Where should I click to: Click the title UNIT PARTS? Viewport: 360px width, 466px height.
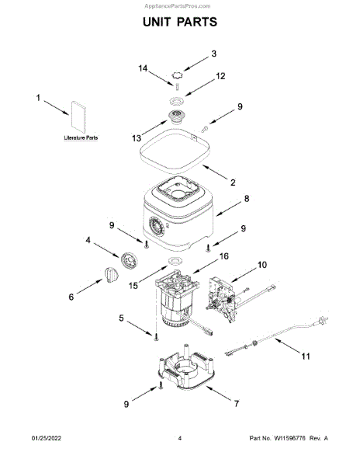pyautogui.click(x=180, y=22)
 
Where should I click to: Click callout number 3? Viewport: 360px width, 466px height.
pyautogui.click(x=214, y=54)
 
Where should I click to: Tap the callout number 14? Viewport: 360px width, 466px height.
pyautogui.click(x=143, y=68)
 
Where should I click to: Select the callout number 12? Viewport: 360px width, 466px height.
pyautogui.click(x=220, y=76)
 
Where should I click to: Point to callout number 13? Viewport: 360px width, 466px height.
pyautogui.click(x=137, y=138)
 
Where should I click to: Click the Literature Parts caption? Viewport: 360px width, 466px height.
pyautogui.click(x=81, y=138)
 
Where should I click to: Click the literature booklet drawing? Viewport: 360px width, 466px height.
pyautogui.click(x=78, y=116)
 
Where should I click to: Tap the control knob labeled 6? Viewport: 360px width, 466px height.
pyautogui.click(x=111, y=275)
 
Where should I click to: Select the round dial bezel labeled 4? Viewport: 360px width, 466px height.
pyautogui.click(x=129, y=261)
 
